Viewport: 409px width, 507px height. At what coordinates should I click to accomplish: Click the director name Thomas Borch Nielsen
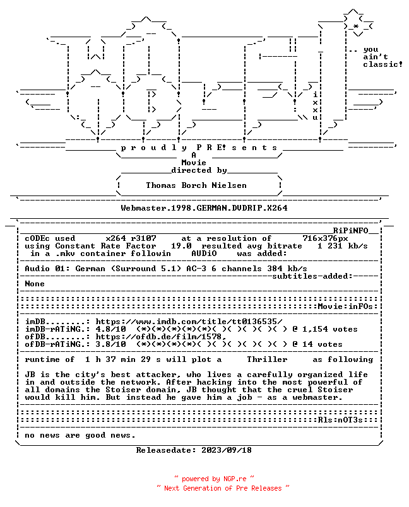pos(196,185)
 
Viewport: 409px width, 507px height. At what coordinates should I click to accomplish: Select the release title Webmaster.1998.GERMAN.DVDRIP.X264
pos(204,208)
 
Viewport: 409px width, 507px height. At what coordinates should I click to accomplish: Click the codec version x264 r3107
pos(131,238)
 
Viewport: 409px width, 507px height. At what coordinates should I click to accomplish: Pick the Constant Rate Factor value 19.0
pos(181,246)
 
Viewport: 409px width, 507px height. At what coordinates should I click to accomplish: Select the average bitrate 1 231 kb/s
pos(343,246)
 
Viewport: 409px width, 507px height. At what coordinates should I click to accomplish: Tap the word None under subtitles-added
pos(35,284)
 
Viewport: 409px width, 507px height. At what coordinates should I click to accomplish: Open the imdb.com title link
pos(189,322)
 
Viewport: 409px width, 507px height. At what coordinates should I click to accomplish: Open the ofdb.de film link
pos(161,337)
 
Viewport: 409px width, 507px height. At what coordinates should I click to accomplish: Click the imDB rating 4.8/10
pos(110,329)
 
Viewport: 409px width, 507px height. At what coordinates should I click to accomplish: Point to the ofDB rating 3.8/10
pos(110,344)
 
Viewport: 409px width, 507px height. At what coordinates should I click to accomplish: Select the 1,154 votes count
pos(330,329)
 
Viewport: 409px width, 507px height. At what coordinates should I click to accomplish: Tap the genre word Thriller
pos(267,359)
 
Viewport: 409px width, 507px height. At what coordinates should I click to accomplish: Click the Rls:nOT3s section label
pos(340,420)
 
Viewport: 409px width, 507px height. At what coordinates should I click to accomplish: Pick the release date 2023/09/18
pos(227,450)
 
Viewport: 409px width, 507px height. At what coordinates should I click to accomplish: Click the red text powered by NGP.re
pos(214,479)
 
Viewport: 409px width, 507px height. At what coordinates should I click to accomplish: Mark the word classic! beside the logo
pos(382,64)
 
